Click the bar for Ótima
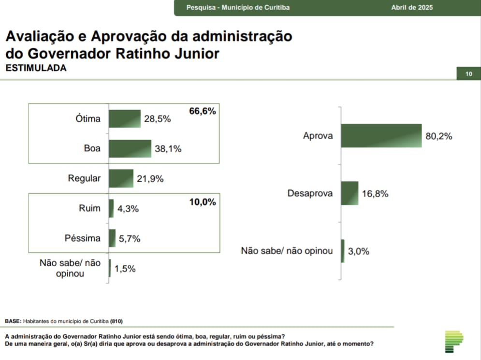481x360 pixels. pos(124,118)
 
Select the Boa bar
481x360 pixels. pos(130,148)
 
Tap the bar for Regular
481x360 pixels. pos(121,178)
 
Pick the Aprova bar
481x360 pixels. pos(381,136)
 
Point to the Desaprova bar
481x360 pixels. pos(350,193)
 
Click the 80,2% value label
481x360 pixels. pos(438,136)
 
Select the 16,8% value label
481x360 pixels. pos(375,194)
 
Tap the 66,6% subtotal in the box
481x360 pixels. pos(202,111)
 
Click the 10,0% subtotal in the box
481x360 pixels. pos(202,202)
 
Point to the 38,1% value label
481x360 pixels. pos(168,149)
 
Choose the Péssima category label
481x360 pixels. pos(83,238)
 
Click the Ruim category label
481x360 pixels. pos(89,208)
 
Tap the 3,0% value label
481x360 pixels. pos(359,251)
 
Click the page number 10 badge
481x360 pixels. pos(468,74)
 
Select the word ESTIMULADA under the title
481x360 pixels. pos(36,68)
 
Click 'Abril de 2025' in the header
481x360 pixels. pos(412,8)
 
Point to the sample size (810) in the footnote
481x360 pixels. pos(116,321)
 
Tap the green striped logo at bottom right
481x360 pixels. pos(454,342)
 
